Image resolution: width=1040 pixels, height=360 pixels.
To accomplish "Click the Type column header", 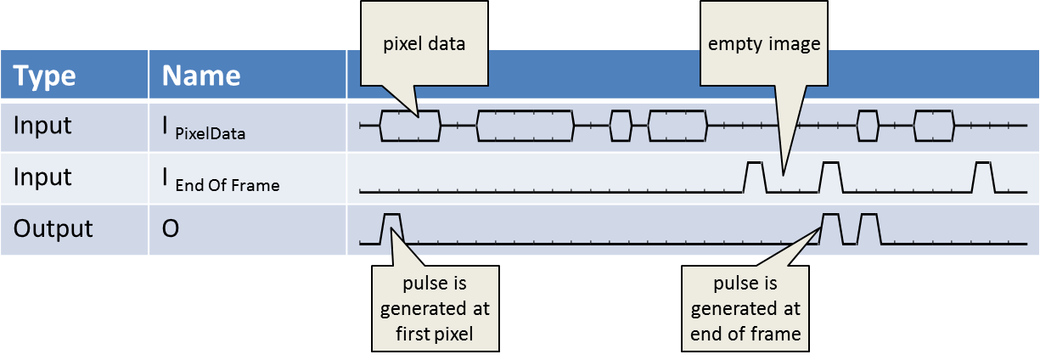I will [45, 76].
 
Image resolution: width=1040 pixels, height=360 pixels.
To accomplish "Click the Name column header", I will [201, 76].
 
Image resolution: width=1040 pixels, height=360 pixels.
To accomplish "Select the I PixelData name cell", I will [204, 127].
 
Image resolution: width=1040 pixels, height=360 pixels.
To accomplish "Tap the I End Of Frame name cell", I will [221, 178].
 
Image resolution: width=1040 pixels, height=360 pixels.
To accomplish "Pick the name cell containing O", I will [171, 229].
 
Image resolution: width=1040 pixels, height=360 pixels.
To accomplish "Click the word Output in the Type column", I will [53, 229].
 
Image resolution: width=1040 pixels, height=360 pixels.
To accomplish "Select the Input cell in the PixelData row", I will [42, 127].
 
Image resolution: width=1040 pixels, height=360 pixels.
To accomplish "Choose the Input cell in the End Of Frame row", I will [42, 177].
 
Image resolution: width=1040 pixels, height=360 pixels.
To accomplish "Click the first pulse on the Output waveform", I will [391, 228].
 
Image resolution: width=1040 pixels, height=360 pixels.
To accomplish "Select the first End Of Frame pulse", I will [754, 177].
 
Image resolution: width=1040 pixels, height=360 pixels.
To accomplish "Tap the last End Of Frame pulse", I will [983, 177].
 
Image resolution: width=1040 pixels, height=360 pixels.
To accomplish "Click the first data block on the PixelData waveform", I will [410, 125].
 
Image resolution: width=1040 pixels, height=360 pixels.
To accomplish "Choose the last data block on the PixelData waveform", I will [934, 125].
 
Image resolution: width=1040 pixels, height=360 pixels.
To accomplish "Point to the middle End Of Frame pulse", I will [830, 177].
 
